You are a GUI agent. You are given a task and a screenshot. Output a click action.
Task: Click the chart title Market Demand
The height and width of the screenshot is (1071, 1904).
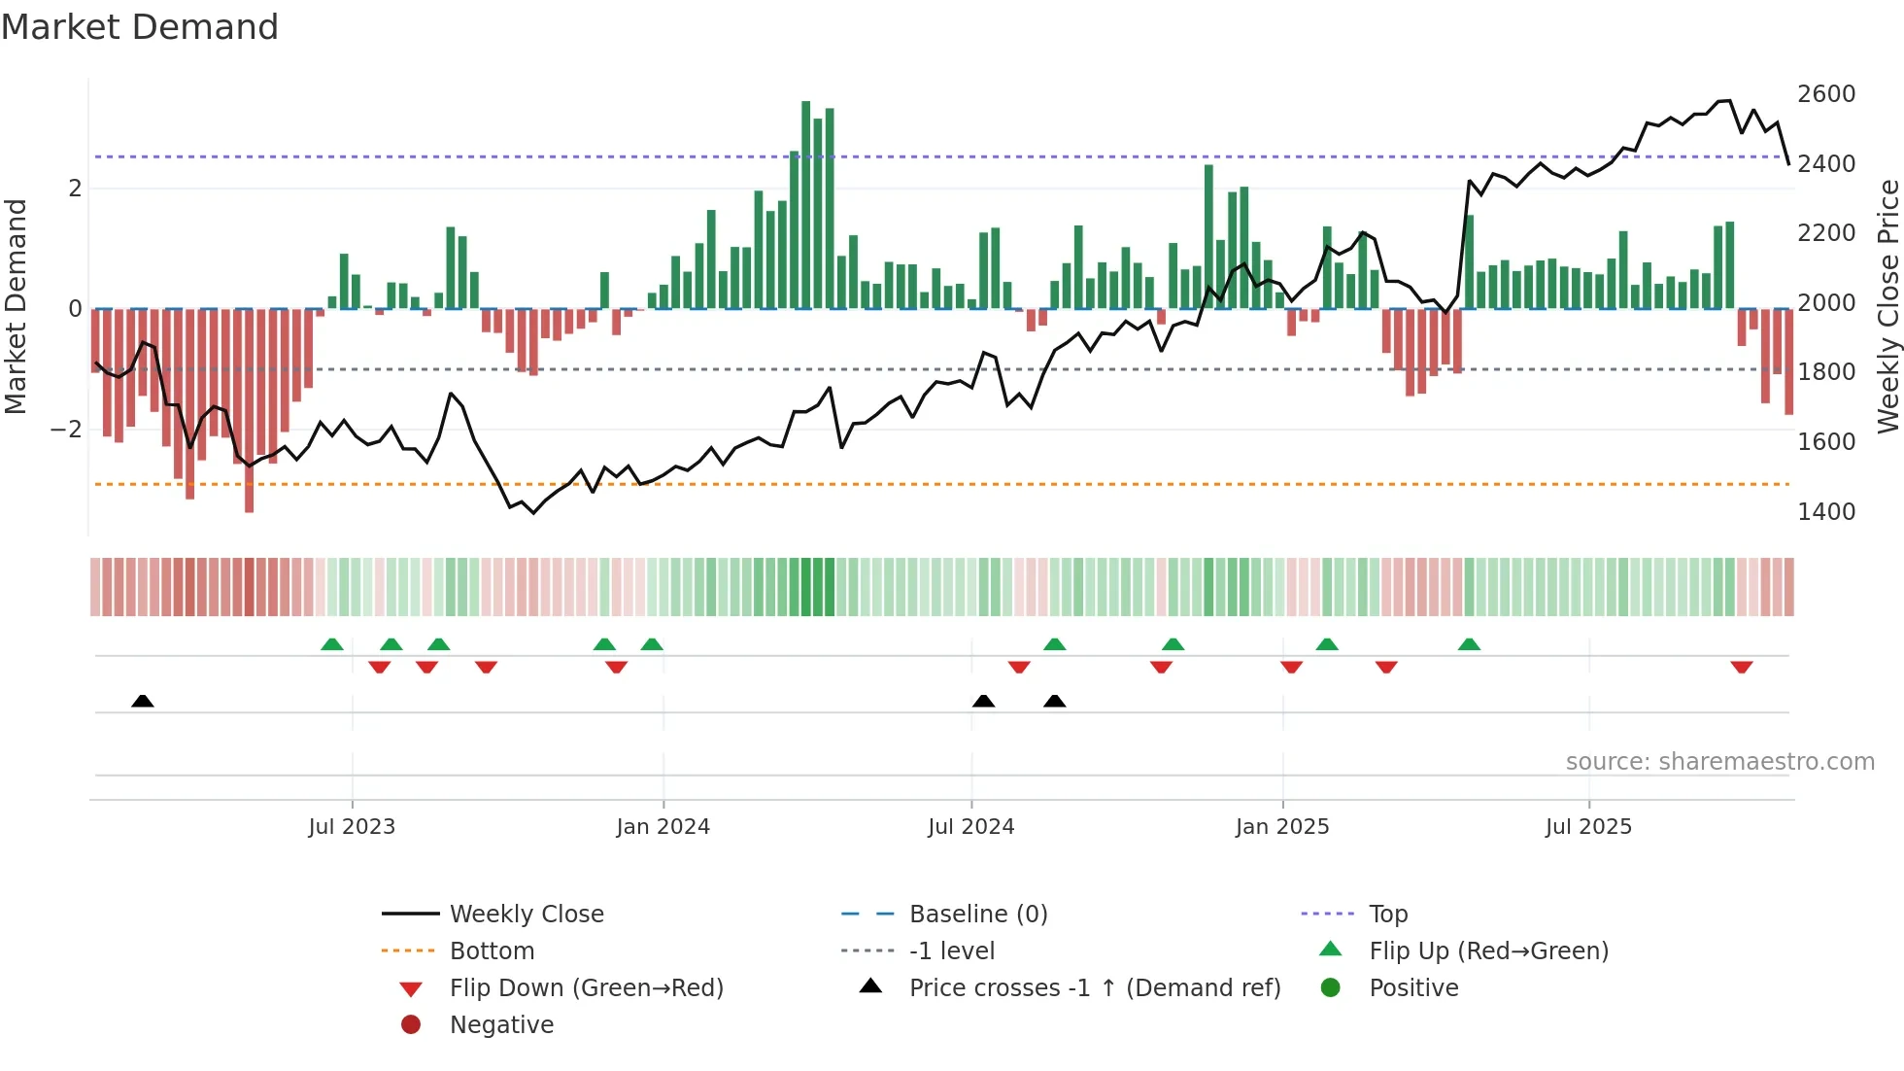[140, 27]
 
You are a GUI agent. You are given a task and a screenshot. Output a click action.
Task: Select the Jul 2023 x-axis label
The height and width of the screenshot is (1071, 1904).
[352, 827]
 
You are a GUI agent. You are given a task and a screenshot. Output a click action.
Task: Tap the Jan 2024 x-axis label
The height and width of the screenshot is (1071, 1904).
[663, 827]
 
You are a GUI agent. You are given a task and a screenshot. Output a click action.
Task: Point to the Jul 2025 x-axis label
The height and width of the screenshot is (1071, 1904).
[1588, 827]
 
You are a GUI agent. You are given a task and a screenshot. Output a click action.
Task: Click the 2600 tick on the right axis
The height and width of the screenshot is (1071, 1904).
[1825, 94]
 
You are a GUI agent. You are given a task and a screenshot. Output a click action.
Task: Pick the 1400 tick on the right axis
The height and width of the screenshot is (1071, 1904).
[1825, 512]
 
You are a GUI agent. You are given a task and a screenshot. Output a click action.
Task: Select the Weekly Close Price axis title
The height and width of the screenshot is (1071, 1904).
[1887, 306]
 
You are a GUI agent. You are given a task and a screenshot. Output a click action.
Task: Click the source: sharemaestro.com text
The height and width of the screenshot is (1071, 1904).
[1719, 762]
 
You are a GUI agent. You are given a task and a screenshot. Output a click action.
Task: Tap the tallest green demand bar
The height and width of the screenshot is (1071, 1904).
[805, 204]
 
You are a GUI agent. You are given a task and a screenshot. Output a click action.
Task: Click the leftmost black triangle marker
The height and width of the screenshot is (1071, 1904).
[143, 701]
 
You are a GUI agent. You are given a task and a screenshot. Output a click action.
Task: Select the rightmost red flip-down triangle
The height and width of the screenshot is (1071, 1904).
[1741, 667]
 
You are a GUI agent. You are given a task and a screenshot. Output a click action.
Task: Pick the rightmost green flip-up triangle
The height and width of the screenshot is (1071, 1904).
[1469, 644]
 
